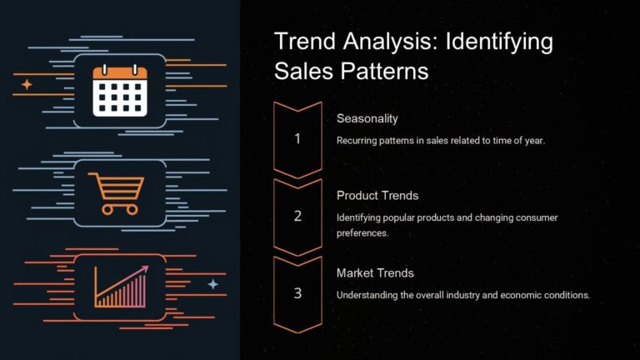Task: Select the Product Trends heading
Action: tap(377, 195)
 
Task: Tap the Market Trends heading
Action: tap(375, 272)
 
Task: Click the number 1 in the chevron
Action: tap(297, 139)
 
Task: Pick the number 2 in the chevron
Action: tap(297, 216)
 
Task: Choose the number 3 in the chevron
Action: tap(297, 293)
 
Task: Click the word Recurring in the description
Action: tap(357, 140)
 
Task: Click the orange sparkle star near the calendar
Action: tap(27, 84)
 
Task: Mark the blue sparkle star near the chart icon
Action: tap(212, 284)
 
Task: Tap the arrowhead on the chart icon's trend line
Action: tap(145, 268)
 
